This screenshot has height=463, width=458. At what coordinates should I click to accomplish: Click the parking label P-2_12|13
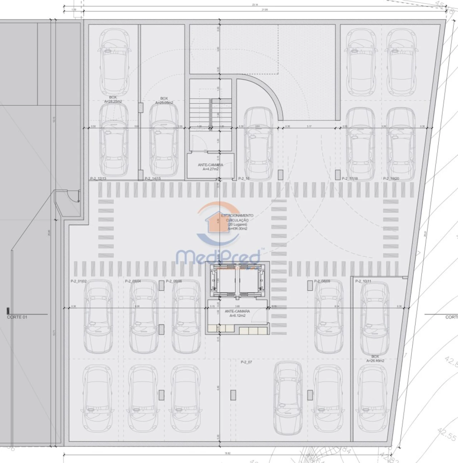98,178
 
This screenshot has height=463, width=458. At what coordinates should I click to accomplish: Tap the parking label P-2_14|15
152,178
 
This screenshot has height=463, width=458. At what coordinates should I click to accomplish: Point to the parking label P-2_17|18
350,178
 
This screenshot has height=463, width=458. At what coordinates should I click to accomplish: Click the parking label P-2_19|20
391,178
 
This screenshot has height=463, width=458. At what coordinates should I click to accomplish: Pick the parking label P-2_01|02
79,281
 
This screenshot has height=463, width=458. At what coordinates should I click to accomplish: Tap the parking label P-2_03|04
133,281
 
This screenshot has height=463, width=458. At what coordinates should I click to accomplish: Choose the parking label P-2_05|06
174,281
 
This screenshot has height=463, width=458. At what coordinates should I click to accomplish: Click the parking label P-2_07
246,362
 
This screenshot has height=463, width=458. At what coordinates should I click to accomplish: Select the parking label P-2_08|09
322,281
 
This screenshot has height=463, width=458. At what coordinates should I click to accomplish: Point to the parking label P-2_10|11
363,281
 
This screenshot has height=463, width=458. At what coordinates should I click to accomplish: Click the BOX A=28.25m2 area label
113,99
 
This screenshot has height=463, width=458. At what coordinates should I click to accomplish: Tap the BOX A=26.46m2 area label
375,359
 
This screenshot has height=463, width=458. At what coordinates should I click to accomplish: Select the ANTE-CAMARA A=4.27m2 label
210,167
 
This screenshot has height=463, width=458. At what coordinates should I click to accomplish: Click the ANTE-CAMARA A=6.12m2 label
237,313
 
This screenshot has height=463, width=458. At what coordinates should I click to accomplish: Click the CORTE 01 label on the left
17,317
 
